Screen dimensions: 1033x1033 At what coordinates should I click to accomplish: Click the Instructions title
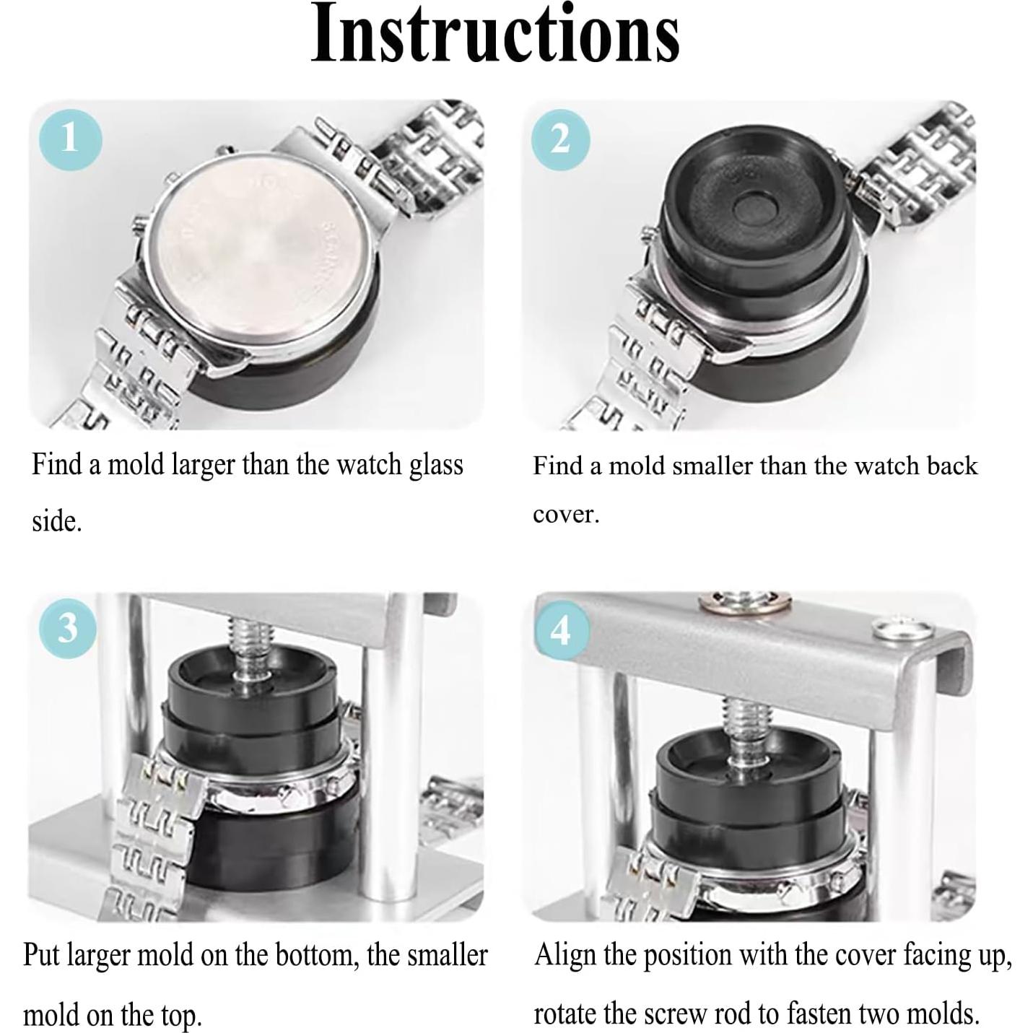[495, 35]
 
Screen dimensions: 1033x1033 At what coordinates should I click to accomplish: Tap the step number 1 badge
[69, 137]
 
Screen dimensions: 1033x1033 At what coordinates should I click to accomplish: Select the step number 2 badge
[560, 139]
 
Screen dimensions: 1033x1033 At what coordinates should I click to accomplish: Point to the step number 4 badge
[562, 631]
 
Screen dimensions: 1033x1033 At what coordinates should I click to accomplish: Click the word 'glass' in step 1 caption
[436, 465]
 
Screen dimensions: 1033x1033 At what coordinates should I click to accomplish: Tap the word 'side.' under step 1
[56, 520]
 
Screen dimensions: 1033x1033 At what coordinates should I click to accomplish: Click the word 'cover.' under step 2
[566, 515]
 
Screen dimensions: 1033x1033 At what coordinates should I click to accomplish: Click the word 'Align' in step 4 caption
[565, 956]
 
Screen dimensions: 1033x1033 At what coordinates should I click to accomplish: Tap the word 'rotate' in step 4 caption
[565, 1015]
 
